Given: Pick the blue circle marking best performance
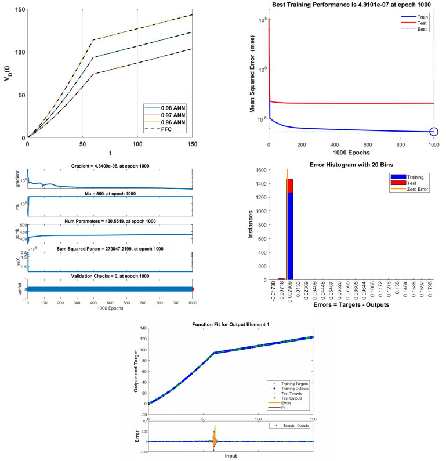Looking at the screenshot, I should click(x=433, y=132).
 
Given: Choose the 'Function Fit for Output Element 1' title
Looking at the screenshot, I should click(x=231, y=324).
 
